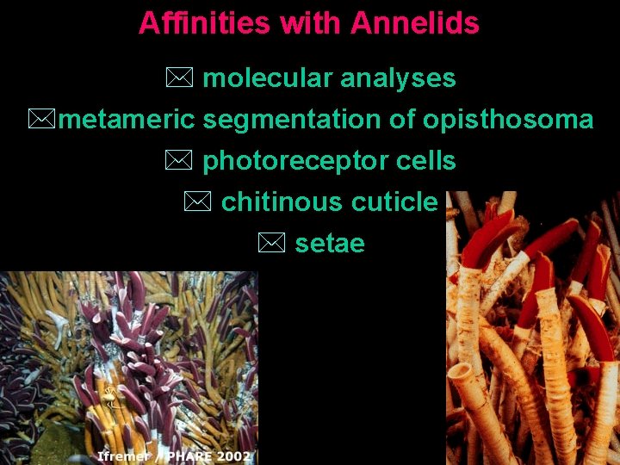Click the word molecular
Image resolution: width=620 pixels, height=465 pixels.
click(268, 78)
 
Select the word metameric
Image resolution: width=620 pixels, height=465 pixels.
click(127, 120)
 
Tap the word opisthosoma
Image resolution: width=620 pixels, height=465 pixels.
click(507, 120)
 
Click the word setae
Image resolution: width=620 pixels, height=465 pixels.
click(330, 244)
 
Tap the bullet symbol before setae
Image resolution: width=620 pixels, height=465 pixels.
click(270, 244)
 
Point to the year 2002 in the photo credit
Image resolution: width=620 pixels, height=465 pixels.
click(234, 456)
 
